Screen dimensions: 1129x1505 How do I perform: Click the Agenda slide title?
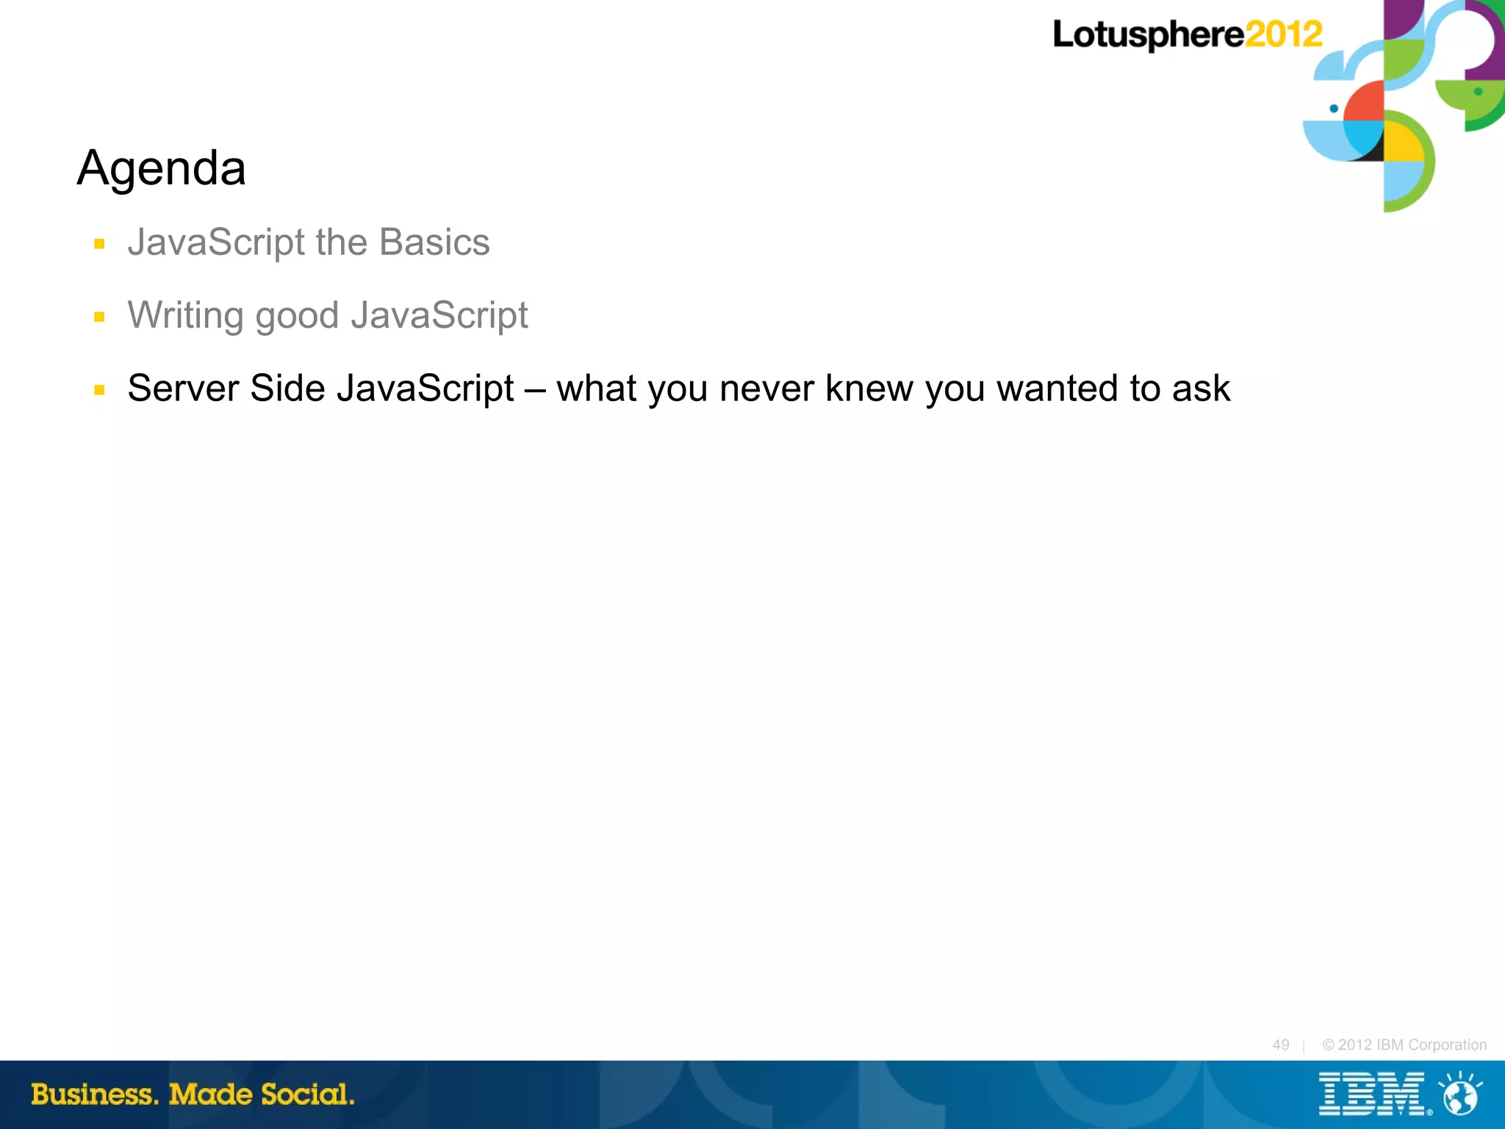[161, 168]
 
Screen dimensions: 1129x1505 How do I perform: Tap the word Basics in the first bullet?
[434, 242]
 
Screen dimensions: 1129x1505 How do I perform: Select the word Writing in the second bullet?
[185, 316]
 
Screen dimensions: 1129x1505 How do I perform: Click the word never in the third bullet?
[766, 388]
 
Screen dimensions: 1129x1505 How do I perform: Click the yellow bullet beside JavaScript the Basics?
[99, 244]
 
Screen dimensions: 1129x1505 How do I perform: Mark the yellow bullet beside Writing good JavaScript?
[99, 317]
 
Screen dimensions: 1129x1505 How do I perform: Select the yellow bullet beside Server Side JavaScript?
[99, 390]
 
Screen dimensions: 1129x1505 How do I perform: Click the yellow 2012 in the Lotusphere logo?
[1284, 35]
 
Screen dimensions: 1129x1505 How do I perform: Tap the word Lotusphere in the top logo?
[1148, 35]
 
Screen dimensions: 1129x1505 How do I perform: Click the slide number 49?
[1281, 1045]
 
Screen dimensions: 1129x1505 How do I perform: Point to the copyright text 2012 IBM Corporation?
[1404, 1045]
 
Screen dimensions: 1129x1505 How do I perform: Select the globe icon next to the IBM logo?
[1460, 1095]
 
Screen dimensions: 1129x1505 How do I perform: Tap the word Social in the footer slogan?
[307, 1094]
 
